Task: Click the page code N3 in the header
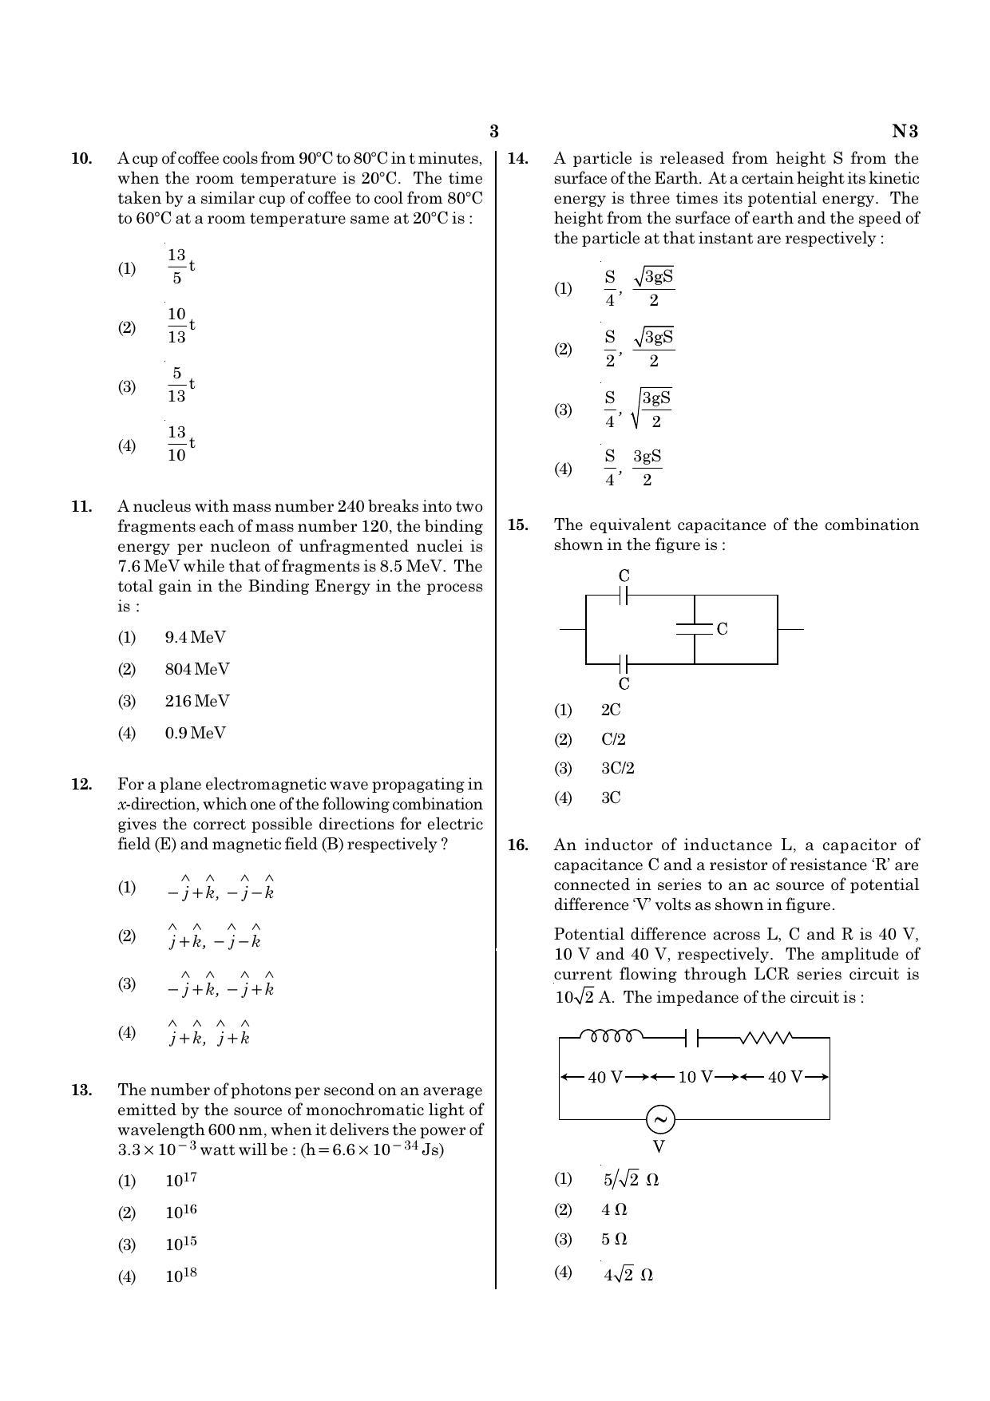tap(905, 132)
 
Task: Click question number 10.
tap(81, 159)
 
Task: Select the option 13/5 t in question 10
tap(180, 267)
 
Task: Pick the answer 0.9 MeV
tap(195, 733)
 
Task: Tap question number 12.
tap(81, 785)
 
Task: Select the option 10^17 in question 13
tap(180, 1181)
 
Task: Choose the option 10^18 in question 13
tap(180, 1276)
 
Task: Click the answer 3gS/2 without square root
tap(647, 468)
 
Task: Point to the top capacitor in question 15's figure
tap(624, 595)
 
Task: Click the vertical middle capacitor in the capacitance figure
tap(694, 629)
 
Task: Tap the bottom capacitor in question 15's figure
tap(624, 663)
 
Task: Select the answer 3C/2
tap(617, 769)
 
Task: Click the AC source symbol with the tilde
tap(660, 1119)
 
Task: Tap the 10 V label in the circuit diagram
tap(695, 1077)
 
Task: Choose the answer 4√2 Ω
tap(628, 1275)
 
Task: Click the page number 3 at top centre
tap(493, 132)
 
